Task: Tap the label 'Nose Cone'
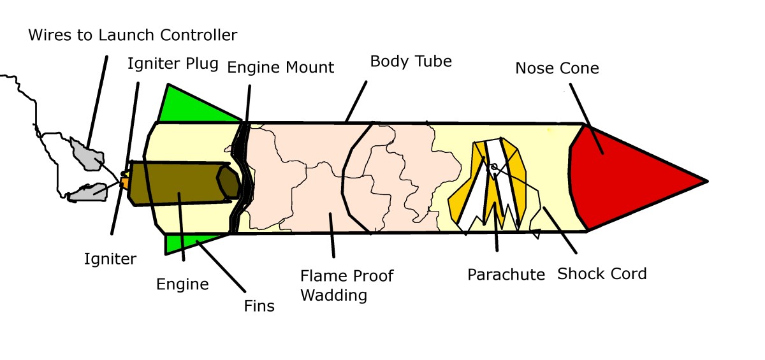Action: [x=557, y=68]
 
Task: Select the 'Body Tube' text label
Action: [x=411, y=62]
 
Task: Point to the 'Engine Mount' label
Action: [x=280, y=67]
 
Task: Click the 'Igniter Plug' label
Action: [x=173, y=64]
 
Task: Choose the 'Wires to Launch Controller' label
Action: [x=133, y=34]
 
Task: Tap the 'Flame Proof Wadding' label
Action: [x=347, y=285]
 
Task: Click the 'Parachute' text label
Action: [x=506, y=275]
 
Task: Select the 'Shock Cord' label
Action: [x=602, y=274]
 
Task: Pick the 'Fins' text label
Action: [x=259, y=306]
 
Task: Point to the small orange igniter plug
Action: [x=125, y=184]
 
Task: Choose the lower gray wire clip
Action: [x=86, y=191]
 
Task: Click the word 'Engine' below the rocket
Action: [x=182, y=284]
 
